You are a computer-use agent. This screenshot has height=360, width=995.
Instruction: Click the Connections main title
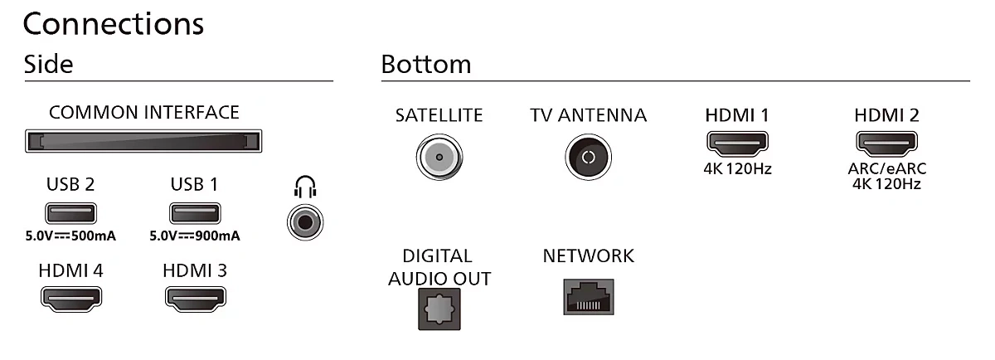tap(114, 24)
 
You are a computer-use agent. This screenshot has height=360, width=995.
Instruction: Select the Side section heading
tap(48, 64)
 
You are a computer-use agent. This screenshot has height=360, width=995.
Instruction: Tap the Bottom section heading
tap(426, 64)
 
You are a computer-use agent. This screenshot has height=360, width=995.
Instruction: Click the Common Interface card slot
tap(143, 141)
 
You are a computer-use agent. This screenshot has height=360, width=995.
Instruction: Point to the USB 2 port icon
tap(70, 213)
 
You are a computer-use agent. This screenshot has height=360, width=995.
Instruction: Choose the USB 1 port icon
tap(195, 213)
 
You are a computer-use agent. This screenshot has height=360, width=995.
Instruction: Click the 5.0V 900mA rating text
tap(195, 236)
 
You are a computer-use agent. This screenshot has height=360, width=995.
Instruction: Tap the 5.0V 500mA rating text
tap(70, 236)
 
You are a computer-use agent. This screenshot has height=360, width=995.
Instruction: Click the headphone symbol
tap(305, 187)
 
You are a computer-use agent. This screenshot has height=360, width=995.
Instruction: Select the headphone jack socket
tap(305, 222)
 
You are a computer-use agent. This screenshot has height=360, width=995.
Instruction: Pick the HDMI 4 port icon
tap(71, 299)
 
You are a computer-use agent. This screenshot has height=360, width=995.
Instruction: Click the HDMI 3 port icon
tap(196, 299)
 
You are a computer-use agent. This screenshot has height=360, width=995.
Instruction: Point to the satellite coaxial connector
tap(439, 157)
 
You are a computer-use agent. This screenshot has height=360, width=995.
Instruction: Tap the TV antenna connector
tap(589, 157)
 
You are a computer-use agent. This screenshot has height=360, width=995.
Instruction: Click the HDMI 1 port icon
tap(737, 144)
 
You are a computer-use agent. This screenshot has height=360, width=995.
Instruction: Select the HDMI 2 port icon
tap(886, 144)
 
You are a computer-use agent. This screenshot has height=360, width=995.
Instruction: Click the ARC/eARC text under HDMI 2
tap(887, 169)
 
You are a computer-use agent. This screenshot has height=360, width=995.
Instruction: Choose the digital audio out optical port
tap(439, 309)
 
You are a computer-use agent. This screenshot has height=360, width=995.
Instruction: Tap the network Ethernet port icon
tap(589, 297)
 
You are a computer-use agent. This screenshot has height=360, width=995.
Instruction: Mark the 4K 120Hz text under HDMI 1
tap(737, 169)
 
